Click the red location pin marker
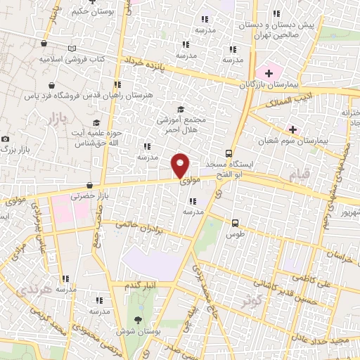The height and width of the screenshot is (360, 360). click(x=181, y=165)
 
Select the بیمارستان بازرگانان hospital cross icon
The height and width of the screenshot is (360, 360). click(x=268, y=72)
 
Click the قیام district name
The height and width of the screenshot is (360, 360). click(x=301, y=174)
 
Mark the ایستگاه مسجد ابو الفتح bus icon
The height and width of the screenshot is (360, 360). click(x=229, y=153)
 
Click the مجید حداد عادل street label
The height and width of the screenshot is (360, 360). click(x=330, y=340)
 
